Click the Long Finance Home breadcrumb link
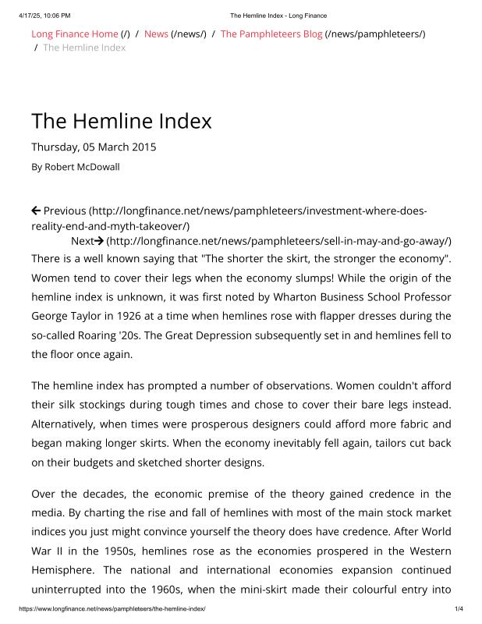74,34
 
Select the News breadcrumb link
156,34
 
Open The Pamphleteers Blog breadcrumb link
271,34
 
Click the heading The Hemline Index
121,122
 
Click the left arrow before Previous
36,211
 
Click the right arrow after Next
99,240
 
